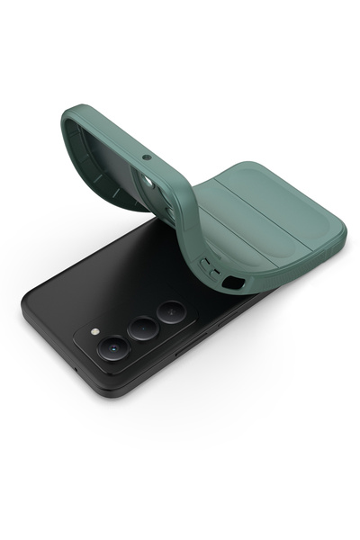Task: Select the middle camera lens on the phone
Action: tap(142, 328)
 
